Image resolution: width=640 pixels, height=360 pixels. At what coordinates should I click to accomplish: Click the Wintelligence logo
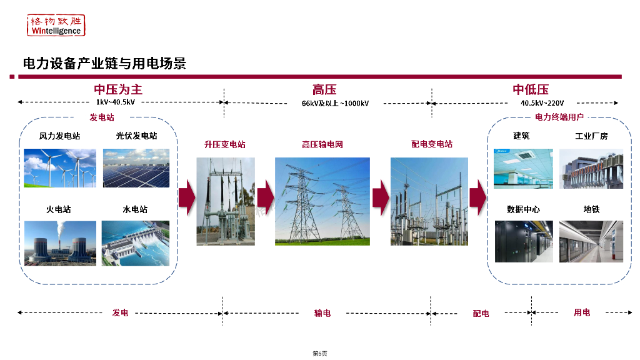56,25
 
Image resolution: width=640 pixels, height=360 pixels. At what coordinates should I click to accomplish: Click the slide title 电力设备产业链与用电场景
104,63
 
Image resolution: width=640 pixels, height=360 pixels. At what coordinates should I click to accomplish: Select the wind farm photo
60,167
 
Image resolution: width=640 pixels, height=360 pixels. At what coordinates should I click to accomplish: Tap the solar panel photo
136,167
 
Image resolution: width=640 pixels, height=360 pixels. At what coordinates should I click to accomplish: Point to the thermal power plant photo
60,242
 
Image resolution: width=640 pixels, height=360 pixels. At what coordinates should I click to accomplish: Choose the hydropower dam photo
136,242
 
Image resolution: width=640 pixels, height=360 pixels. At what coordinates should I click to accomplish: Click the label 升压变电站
225,144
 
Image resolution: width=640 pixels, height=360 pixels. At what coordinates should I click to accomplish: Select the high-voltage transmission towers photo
322,201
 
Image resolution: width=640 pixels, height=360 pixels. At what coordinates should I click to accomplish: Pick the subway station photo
591,241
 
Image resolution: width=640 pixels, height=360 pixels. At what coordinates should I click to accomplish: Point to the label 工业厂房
591,136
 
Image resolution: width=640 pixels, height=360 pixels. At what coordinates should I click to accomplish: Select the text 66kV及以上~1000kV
335,103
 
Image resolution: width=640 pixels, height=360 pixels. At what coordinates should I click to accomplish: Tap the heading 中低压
531,89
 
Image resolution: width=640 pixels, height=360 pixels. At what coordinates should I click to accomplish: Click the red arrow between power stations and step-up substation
186,197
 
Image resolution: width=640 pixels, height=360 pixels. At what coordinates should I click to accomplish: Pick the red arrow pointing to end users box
477,197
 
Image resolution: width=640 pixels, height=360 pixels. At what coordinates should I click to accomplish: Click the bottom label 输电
322,312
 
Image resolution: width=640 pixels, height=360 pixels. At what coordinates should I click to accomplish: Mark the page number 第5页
319,354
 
